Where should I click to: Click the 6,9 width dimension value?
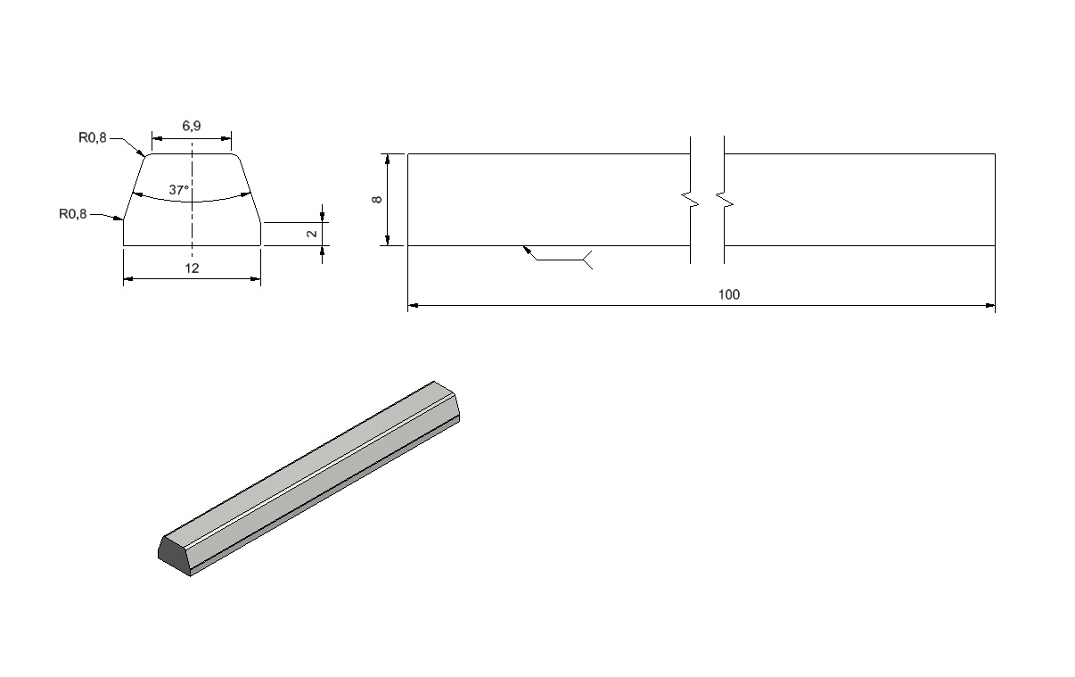191,126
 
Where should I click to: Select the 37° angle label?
178,190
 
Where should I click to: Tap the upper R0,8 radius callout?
93,137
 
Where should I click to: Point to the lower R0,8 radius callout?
73,214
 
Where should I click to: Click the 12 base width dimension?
192,268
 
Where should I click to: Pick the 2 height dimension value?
312,234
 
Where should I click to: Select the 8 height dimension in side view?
377,200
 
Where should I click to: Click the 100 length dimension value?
728,295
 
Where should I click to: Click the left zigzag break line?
691,200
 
